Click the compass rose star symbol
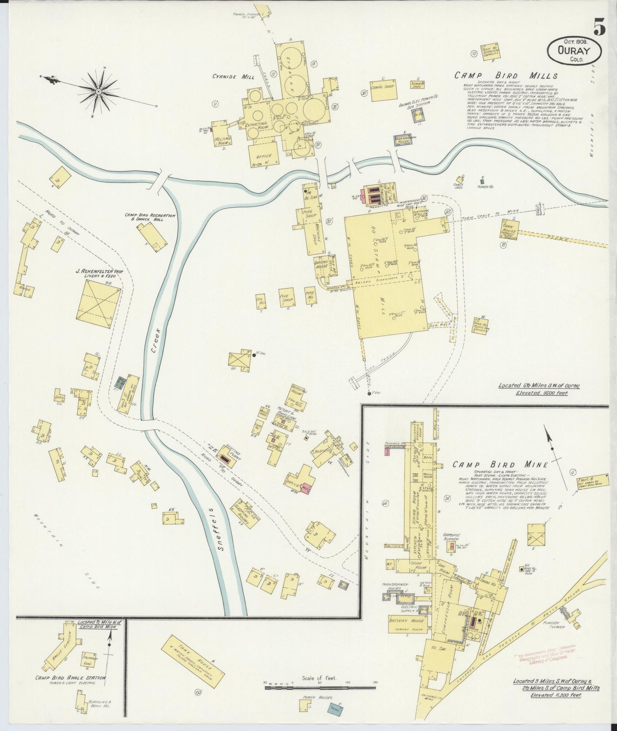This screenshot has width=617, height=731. [x=99, y=90]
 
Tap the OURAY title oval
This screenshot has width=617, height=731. [x=574, y=51]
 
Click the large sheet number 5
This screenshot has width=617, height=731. [x=599, y=28]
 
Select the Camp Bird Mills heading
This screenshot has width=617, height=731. [x=506, y=75]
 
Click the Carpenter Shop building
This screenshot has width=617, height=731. [x=383, y=90]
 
